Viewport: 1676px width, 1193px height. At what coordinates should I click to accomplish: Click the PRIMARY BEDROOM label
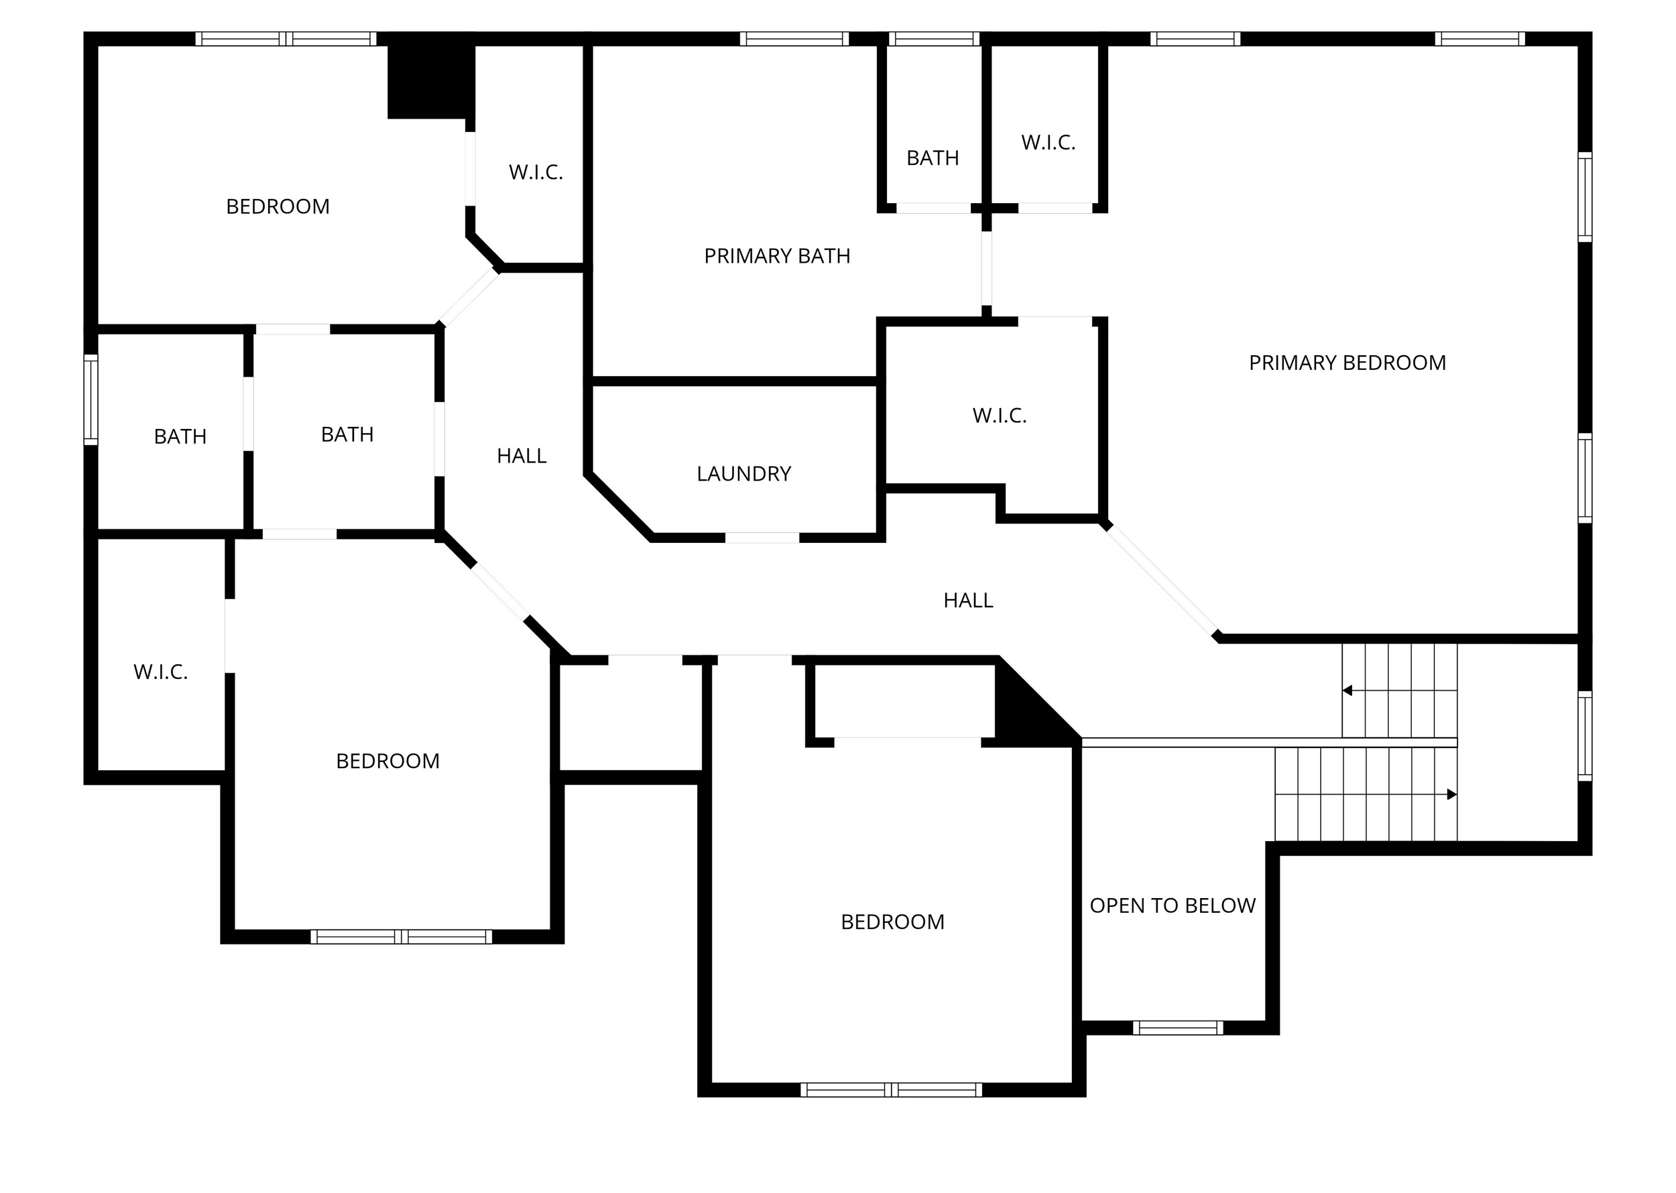[1347, 363]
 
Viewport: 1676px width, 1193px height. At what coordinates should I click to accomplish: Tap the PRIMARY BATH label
[776, 257]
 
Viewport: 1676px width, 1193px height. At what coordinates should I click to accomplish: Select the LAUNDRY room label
[743, 474]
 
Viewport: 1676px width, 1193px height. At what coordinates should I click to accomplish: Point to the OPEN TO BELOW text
[1172, 905]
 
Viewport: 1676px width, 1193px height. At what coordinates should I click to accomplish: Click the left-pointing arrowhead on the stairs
[1347, 690]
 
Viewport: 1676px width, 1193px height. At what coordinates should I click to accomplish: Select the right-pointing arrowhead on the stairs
[1451, 794]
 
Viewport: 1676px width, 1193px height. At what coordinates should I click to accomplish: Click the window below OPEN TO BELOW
[1177, 1027]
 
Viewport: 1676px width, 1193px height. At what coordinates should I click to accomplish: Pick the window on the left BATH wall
[91, 399]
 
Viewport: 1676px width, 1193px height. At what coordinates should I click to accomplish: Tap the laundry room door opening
[762, 538]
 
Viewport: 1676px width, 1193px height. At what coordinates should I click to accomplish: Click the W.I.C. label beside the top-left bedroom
[536, 173]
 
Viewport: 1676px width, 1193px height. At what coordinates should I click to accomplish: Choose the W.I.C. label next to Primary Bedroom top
[1048, 143]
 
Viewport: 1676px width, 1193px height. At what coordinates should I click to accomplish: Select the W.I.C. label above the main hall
[1000, 416]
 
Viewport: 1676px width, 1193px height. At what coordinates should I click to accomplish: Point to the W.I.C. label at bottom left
[160, 672]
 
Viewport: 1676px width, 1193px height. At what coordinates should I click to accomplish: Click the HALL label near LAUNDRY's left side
[521, 456]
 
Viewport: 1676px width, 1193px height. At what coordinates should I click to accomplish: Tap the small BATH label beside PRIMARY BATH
[933, 158]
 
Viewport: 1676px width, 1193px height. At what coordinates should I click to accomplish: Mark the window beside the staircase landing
[1585, 736]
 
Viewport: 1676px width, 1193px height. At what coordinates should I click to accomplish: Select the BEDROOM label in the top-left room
[278, 207]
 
